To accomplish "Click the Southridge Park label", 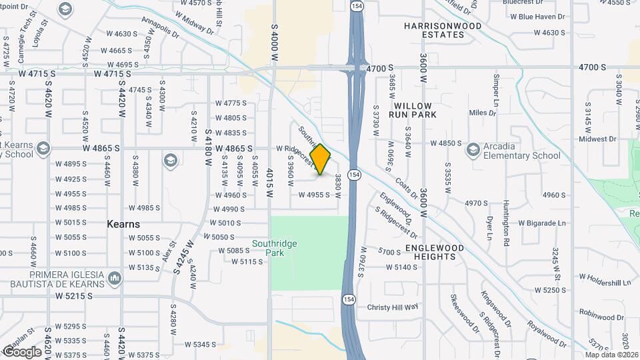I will pyautogui.click(x=274, y=249).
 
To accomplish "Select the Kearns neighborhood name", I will pyautogui.click(x=123, y=224).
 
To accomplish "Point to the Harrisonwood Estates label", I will pyautogui.click(x=443, y=31).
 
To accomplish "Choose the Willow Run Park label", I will pyautogui.click(x=413, y=110).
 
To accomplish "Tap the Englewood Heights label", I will pyautogui.click(x=435, y=252).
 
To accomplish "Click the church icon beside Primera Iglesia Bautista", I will pyautogui.click(x=114, y=276).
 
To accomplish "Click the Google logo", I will pyautogui.click(x=22, y=351).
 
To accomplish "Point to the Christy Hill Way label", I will pyautogui.click(x=393, y=307).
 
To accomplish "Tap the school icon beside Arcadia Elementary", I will pyautogui.click(x=473, y=149).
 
